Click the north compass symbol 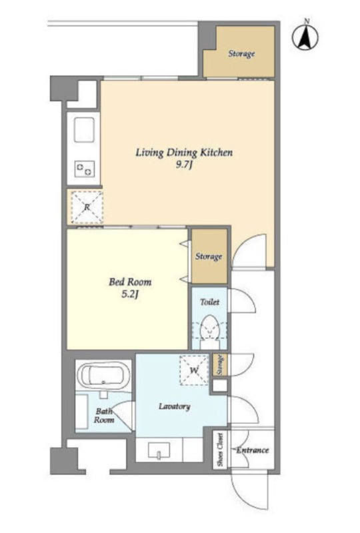305,37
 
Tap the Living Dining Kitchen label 184,153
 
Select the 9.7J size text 184,165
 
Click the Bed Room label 130,282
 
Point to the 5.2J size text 130,294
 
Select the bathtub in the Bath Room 103,376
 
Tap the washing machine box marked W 194,370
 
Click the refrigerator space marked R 87,207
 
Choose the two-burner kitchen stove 85,169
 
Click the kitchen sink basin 83,130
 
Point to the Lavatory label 175,406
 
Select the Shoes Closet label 221,449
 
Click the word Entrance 253,450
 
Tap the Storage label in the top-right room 241,54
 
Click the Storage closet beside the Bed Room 209,256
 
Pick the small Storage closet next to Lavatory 220,365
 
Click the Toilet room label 209,302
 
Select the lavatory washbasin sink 159,450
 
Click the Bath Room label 104,416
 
